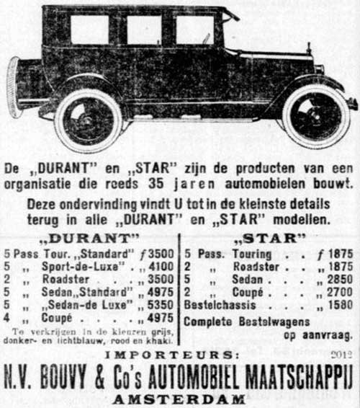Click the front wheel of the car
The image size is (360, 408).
click(315, 116)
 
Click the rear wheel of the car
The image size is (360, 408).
click(89, 120)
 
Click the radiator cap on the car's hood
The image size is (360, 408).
click(308, 48)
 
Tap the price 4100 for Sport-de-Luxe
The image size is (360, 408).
click(159, 267)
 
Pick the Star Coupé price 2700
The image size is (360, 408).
click(337, 293)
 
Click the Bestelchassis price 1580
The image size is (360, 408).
click(337, 306)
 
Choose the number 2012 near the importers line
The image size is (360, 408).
click(341, 354)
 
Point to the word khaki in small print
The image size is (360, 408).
click(158, 340)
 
